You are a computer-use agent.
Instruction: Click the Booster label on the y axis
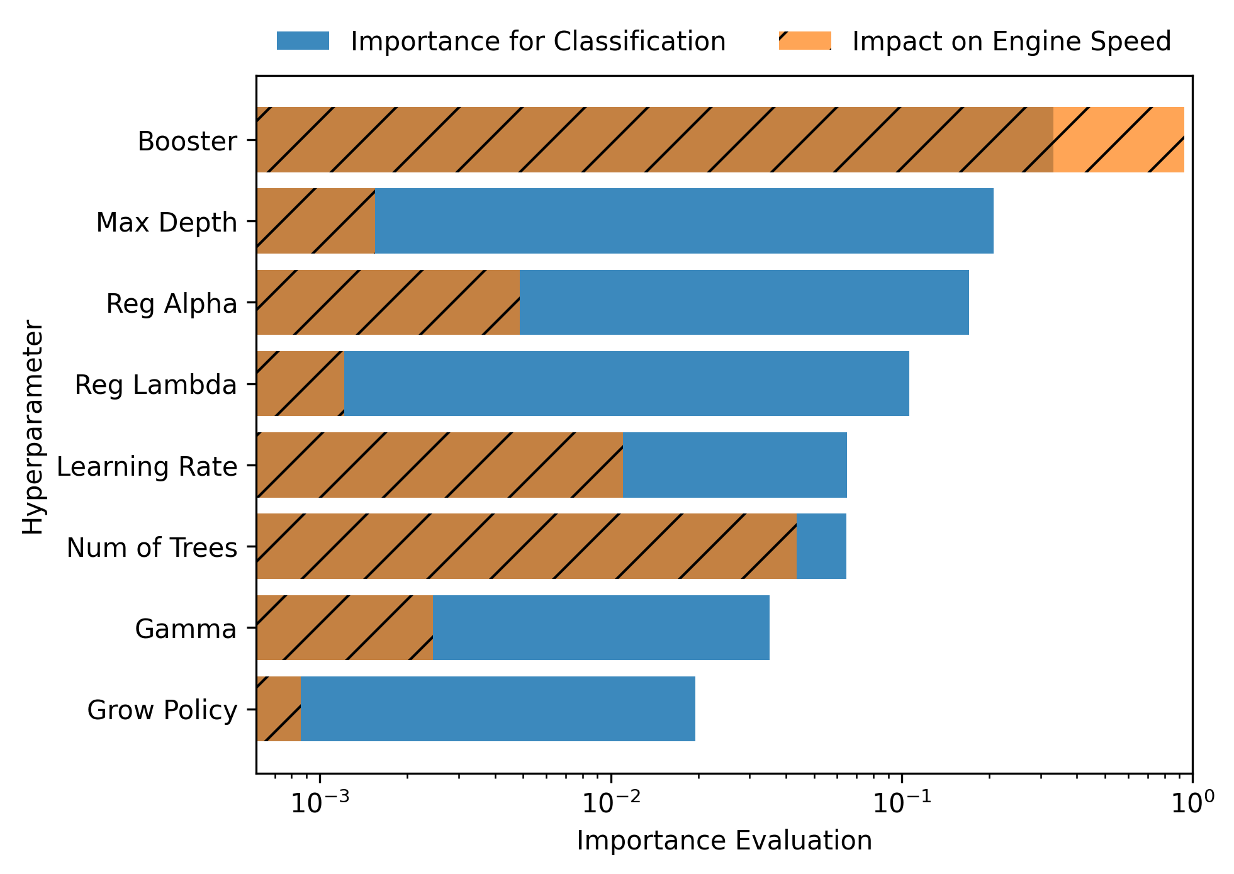188,141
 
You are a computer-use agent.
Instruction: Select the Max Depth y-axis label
167,223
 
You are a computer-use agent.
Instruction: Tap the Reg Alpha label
172,304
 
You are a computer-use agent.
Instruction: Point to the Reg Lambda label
156,384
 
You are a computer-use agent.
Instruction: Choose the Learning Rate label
147,466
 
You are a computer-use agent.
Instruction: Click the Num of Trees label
152,547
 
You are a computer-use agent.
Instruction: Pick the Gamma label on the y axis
186,629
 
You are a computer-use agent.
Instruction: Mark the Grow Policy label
162,710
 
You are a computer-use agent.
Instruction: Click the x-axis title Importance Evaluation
724,841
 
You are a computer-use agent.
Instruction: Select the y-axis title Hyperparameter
33,427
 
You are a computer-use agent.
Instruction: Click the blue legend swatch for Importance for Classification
303,41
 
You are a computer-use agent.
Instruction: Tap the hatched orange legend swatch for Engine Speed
805,41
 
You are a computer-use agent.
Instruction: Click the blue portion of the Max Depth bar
684,221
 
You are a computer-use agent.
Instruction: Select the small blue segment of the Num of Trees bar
821,546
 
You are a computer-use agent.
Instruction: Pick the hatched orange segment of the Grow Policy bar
279,709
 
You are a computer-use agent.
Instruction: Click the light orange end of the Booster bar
1119,140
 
